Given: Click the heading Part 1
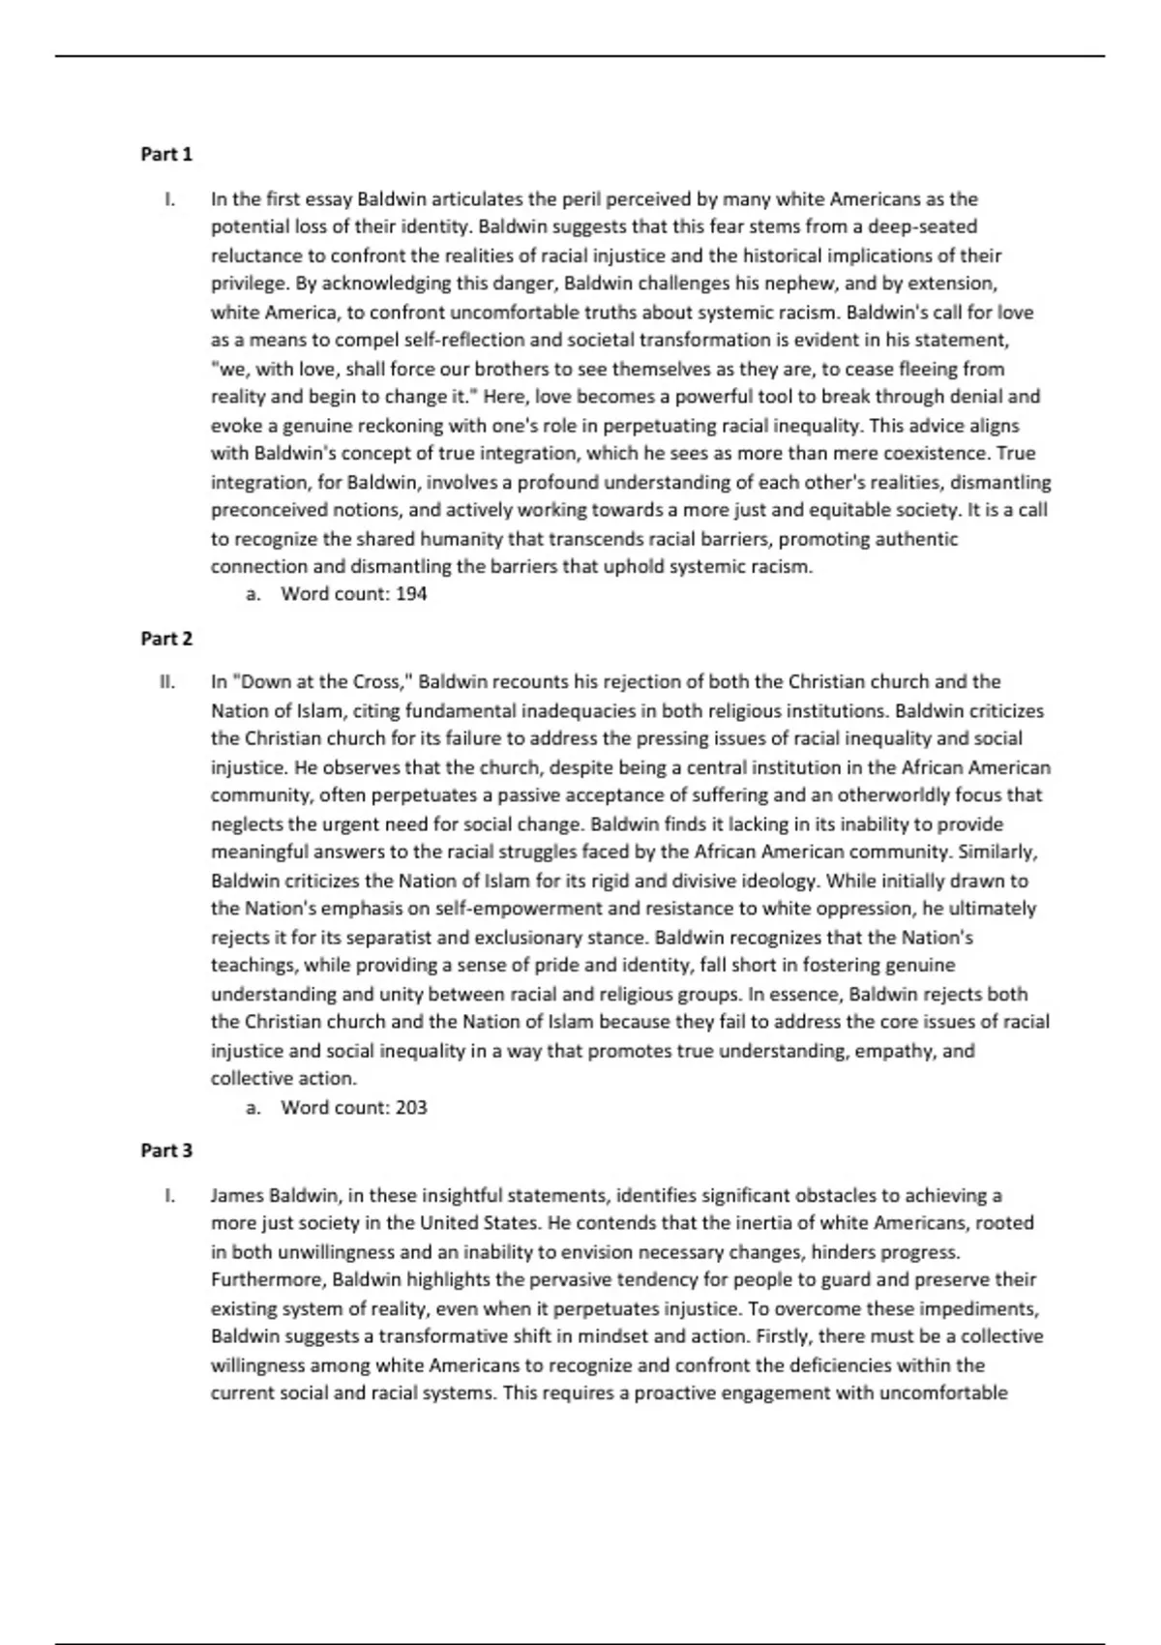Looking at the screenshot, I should [166, 154].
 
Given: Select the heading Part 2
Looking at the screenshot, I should [166, 639].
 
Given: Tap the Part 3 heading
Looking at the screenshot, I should [166, 1151].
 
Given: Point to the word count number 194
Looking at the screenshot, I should [411, 594].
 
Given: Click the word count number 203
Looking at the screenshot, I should [411, 1107].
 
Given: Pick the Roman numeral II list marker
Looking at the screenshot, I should [167, 682].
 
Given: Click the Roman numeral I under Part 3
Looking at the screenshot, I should [170, 1195].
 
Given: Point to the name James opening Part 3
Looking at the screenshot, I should [236, 1195].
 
